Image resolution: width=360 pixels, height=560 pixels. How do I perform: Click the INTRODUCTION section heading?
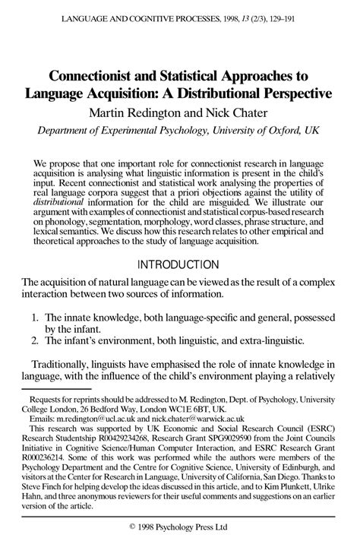click(x=180, y=264)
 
